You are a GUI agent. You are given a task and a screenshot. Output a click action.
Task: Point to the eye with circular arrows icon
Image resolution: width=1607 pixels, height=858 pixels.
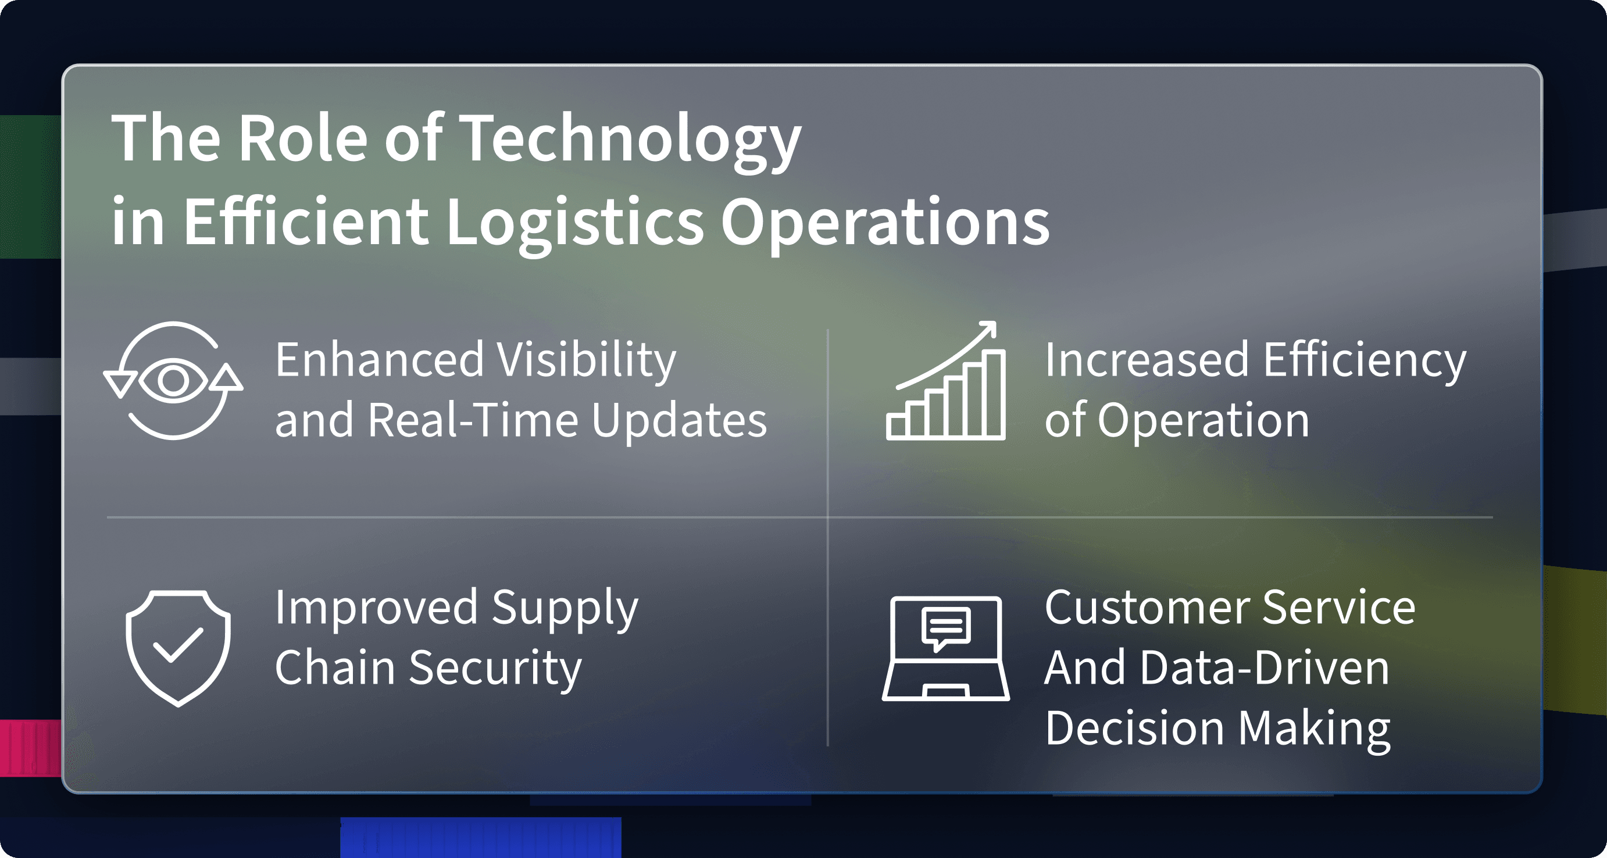click(x=173, y=380)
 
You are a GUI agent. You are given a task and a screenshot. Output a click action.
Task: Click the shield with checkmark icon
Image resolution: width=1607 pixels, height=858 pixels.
click(x=178, y=648)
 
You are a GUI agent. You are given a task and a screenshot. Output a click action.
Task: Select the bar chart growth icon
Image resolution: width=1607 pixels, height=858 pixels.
click(x=946, y=380)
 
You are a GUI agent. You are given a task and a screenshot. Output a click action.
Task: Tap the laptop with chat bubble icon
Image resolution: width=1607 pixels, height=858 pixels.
click(x=946, y=649)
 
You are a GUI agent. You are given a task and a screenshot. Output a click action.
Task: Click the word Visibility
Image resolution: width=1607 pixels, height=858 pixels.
click(x=587, y=361)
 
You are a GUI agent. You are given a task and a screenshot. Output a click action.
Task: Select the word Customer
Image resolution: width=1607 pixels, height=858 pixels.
click(x=1147, y=608)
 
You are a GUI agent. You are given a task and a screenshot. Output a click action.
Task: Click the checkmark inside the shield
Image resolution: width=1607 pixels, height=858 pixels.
click(x=178, y=644)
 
